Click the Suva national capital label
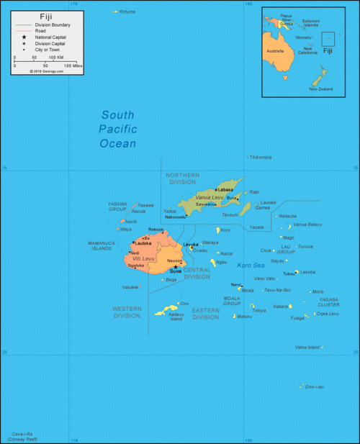[175, 271]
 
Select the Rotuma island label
[127, 12]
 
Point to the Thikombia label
[260, 157]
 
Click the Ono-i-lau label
[315, 386]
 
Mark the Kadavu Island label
[176, 316]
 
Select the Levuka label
[190, 245]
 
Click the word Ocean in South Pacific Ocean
[118, 144]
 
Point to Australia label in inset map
[276, 51]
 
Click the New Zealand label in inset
[320, 89]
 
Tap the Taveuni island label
[230, 215]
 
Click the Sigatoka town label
[135, 265]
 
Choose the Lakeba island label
[307, 272]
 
